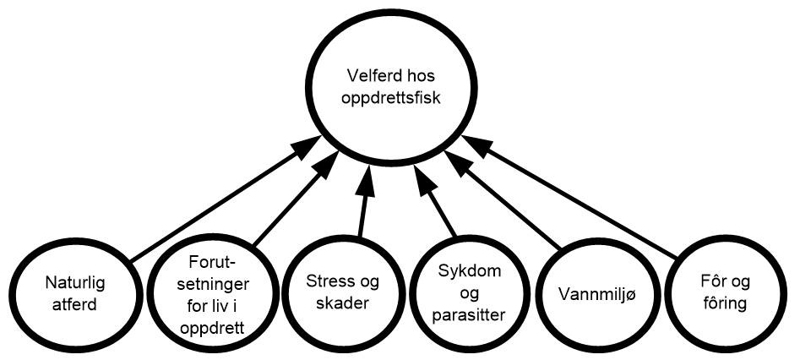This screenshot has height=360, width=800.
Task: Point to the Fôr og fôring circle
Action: (725, 292)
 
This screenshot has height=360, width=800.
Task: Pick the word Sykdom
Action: (471, 272)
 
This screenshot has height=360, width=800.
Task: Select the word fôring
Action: (725, 303)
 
